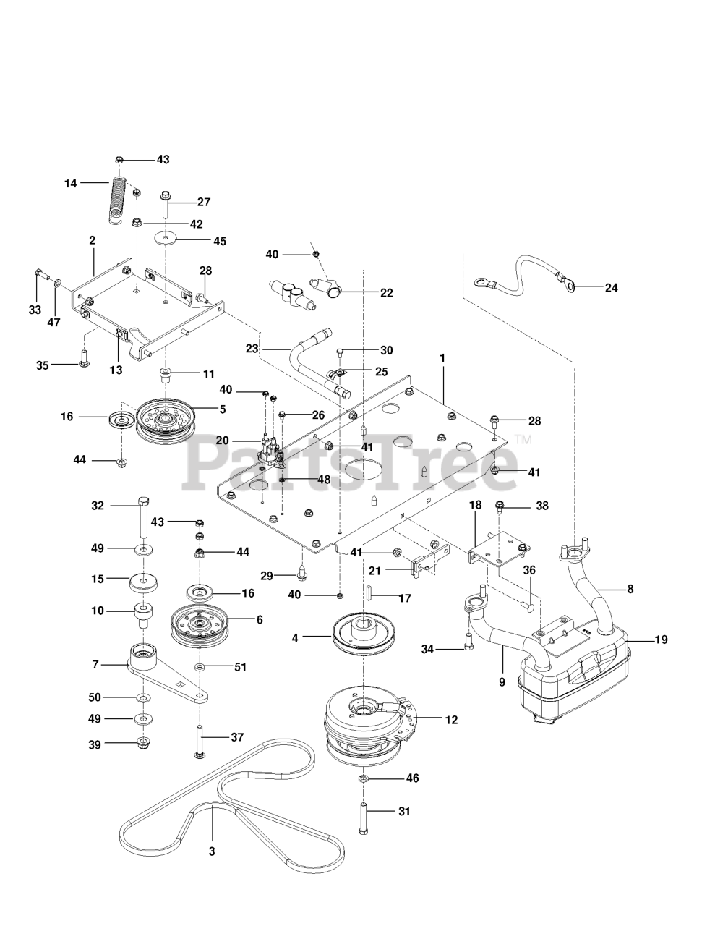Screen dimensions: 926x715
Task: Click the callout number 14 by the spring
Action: tap(70, 184)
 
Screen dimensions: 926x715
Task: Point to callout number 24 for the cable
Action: tap(612, 287)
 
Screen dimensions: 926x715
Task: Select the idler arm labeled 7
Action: tap(168, 673)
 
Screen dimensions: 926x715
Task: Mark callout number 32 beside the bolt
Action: tap(98, 506)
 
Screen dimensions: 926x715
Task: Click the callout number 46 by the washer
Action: tap(412, 778)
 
